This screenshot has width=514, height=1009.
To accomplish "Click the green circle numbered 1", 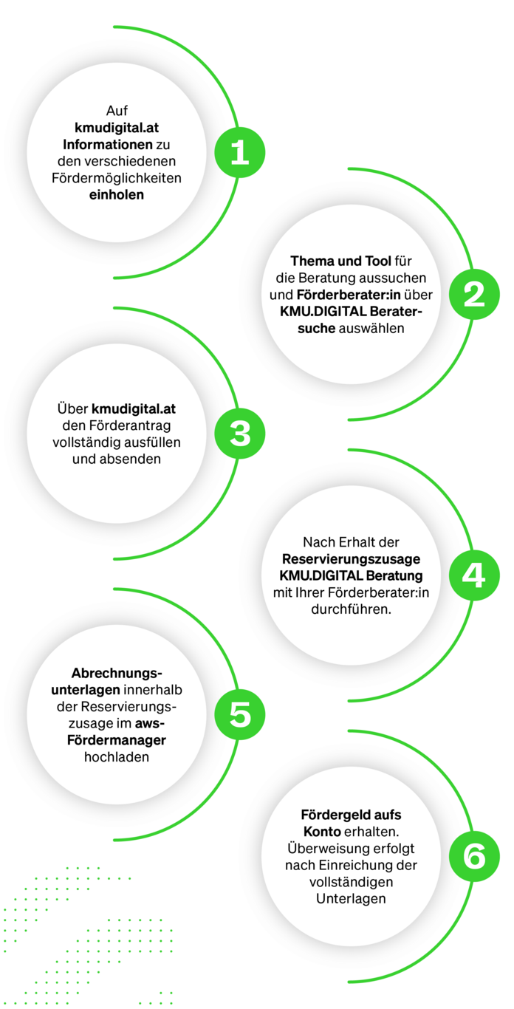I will click(x=239, y=153).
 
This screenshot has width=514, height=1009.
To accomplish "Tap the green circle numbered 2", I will click(x=473, y=294).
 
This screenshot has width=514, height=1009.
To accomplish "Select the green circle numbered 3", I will click(x=239, y=434).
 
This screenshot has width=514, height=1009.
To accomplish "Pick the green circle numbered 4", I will click(x=473, y=575).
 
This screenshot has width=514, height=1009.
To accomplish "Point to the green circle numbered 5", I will click(x=239, y=715).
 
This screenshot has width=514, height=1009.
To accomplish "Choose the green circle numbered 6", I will click(x=473, y=856).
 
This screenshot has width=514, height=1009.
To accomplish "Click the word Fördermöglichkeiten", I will click(x=117, y=178).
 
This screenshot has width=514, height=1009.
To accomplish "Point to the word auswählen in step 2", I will click(x=371, y=329).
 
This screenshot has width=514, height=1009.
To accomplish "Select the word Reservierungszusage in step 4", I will click(x=351, y=558).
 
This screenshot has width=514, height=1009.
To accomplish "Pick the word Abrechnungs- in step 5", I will click(x=117, y=673).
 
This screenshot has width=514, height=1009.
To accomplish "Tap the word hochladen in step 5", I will click(x=117, y=757).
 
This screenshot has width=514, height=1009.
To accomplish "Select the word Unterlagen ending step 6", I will click(x=351, y=899).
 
